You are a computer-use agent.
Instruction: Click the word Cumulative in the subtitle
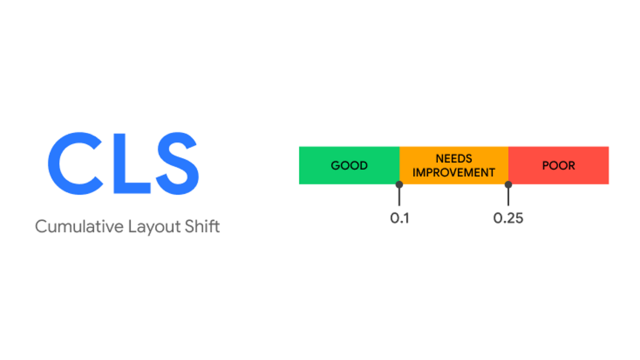pyautogui.click(x=79, y=226)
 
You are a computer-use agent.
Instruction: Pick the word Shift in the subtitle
pyautogui.click(x=201, y=226)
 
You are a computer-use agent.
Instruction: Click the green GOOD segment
pyautogui.click(x=349, y=165)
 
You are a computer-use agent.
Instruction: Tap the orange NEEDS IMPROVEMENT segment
pyautogui.click(x=454, y=165)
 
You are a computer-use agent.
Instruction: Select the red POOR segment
pyautogui.click(x=558, y=165)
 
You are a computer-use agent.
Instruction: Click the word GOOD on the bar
pyautogui.click(x=349, y=165)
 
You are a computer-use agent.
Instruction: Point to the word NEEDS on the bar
pyautogui.click(x=454, y=158)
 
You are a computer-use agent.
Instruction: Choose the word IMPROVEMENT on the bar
pyautogui.click(x=454, y=173)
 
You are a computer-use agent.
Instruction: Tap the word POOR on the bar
pyautogui.click(x=558, y=165)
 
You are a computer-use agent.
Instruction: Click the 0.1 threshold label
pyautogui.click(x=399, y=218)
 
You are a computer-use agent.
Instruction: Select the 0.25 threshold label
pyautogui.click(x=508, y=218)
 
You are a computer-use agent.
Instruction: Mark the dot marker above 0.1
pyautogui.click(x=399, y=185)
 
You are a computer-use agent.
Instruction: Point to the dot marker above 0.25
pyautogui.click(x=508, y=185)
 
